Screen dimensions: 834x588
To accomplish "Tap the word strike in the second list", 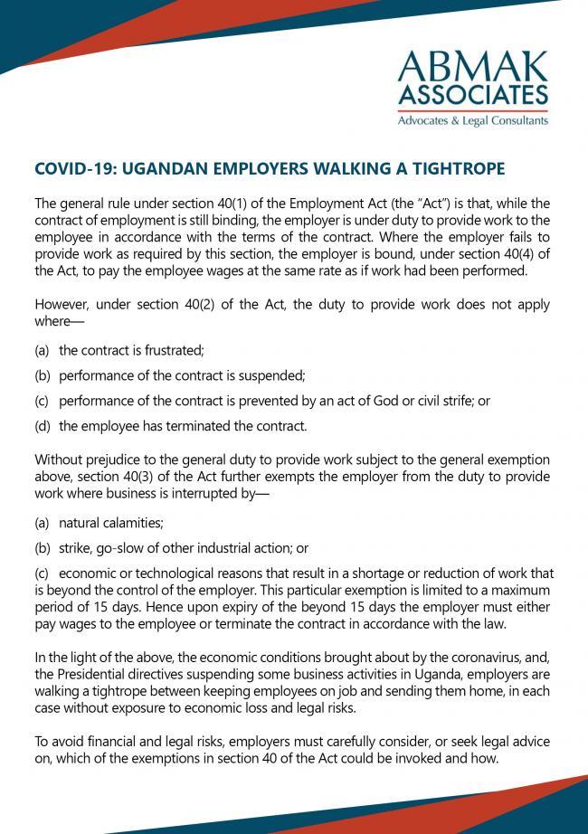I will [x=75, y=548].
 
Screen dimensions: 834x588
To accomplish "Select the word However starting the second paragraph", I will [x=61, y=304].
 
